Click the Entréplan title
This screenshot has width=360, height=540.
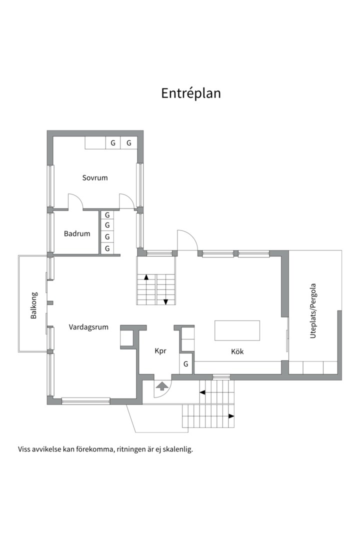coord(191,93)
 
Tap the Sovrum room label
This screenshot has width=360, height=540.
coord(94,177)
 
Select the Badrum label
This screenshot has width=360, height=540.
coord(77,233)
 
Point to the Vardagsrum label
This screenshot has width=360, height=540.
coord(88,327)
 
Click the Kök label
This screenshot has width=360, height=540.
coord(237,351)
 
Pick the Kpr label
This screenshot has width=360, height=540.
coord(160,351)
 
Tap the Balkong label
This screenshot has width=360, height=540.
coord(34,305)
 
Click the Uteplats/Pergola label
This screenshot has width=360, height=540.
coord(313,310)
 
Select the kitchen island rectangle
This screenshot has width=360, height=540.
coord(237,330)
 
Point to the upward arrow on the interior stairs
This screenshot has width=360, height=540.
coord(146,277)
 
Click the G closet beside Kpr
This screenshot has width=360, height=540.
coord(185,363)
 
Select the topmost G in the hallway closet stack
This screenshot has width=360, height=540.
coord(107,215)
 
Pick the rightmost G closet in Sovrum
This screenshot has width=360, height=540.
coord(129,143)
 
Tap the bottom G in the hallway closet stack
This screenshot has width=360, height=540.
coord(107,248)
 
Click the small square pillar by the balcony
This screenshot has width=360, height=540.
coord(50,302)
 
